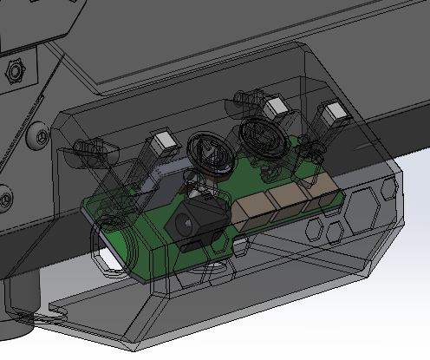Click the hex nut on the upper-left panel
[15, 70]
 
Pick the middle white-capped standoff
[277, 108]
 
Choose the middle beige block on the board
[285, 200]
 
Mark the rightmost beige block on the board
[313, 191]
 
